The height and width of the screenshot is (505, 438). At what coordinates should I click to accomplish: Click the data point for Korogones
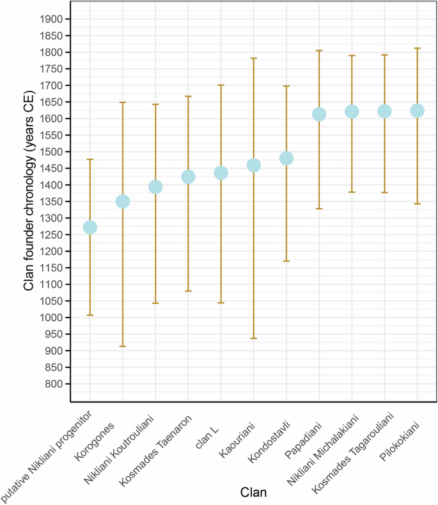(123, 202)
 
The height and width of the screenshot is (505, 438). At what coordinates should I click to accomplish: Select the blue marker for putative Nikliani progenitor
(90, 227)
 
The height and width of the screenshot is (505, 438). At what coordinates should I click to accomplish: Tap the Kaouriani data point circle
(254, 166)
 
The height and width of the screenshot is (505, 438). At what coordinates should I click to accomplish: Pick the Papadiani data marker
(319, 114)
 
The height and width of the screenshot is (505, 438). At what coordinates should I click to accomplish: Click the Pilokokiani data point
(417, 111)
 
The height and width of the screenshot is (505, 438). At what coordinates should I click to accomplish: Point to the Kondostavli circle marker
(286, 158)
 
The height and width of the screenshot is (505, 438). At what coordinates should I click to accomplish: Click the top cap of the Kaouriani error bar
(254, 58)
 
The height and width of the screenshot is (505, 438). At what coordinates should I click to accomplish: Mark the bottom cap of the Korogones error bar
(123, 346)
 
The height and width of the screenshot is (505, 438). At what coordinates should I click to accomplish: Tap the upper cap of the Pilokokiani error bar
(417, 48)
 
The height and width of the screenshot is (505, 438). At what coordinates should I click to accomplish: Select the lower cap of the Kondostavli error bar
(286, 261)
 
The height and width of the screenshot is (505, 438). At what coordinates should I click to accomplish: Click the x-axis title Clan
(253, 492)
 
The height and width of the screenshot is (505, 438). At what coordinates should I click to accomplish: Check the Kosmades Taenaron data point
(188, 177)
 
